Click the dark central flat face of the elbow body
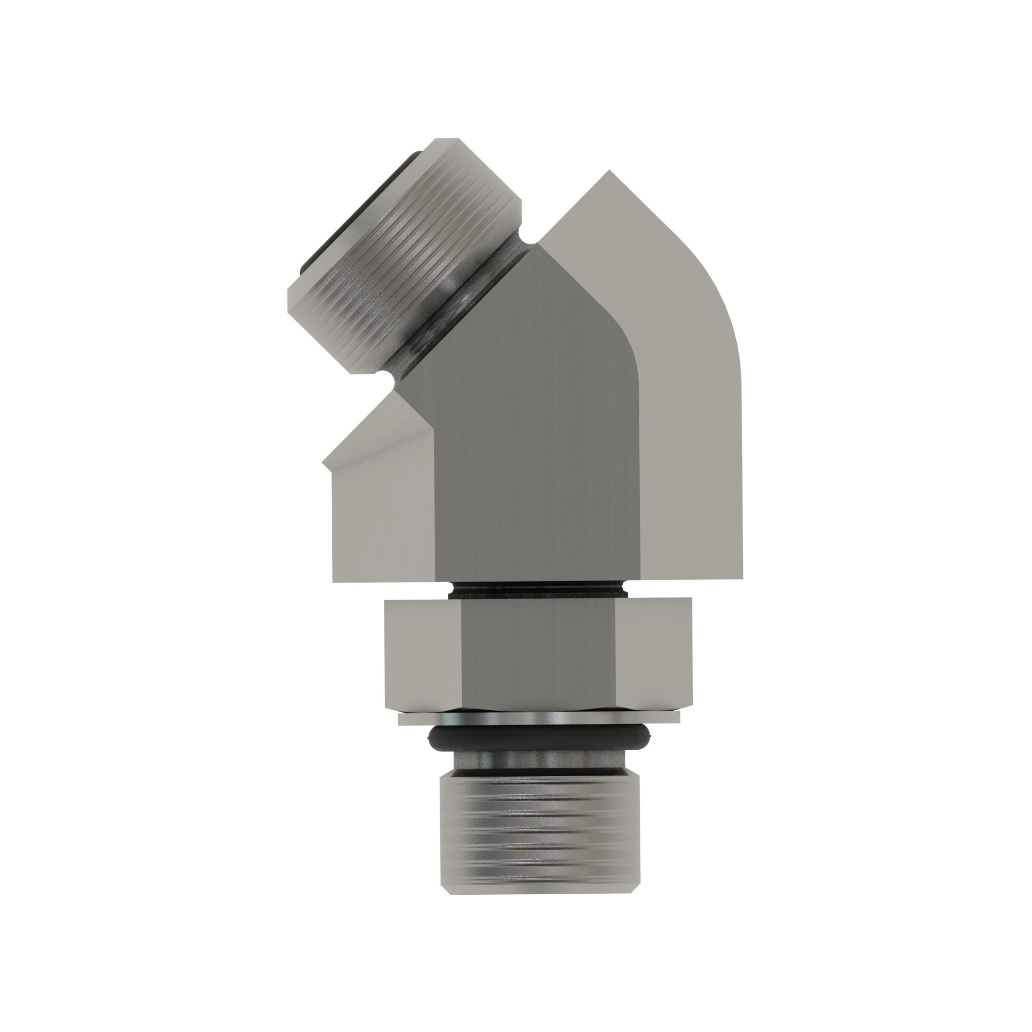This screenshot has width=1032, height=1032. coord(534,454)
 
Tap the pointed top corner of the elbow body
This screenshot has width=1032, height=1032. coord(609,172)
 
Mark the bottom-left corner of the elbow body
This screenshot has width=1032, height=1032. coord(334,581)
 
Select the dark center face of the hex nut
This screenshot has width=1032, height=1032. coord(540,654)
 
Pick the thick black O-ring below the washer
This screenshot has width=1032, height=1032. coord(540,739)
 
